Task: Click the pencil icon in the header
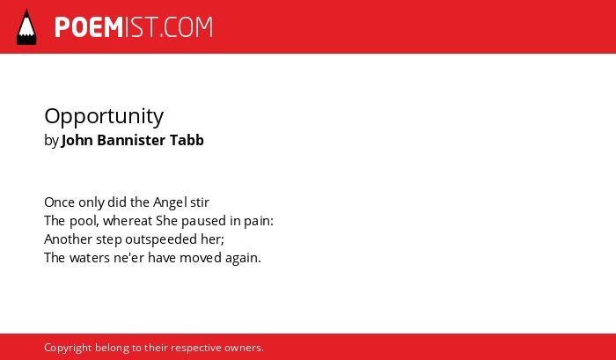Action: click(26, 26)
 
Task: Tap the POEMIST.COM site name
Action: click(134, 27)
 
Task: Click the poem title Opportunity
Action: click(104, 117)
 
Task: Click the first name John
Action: click(77, 140)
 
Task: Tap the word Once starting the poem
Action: click(59, 202)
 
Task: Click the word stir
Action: click(200, 202)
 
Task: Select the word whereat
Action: click(128, 221)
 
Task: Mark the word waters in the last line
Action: click(90, 258)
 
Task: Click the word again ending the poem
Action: click(242, 259)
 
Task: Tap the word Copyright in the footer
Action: click(68, 349)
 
